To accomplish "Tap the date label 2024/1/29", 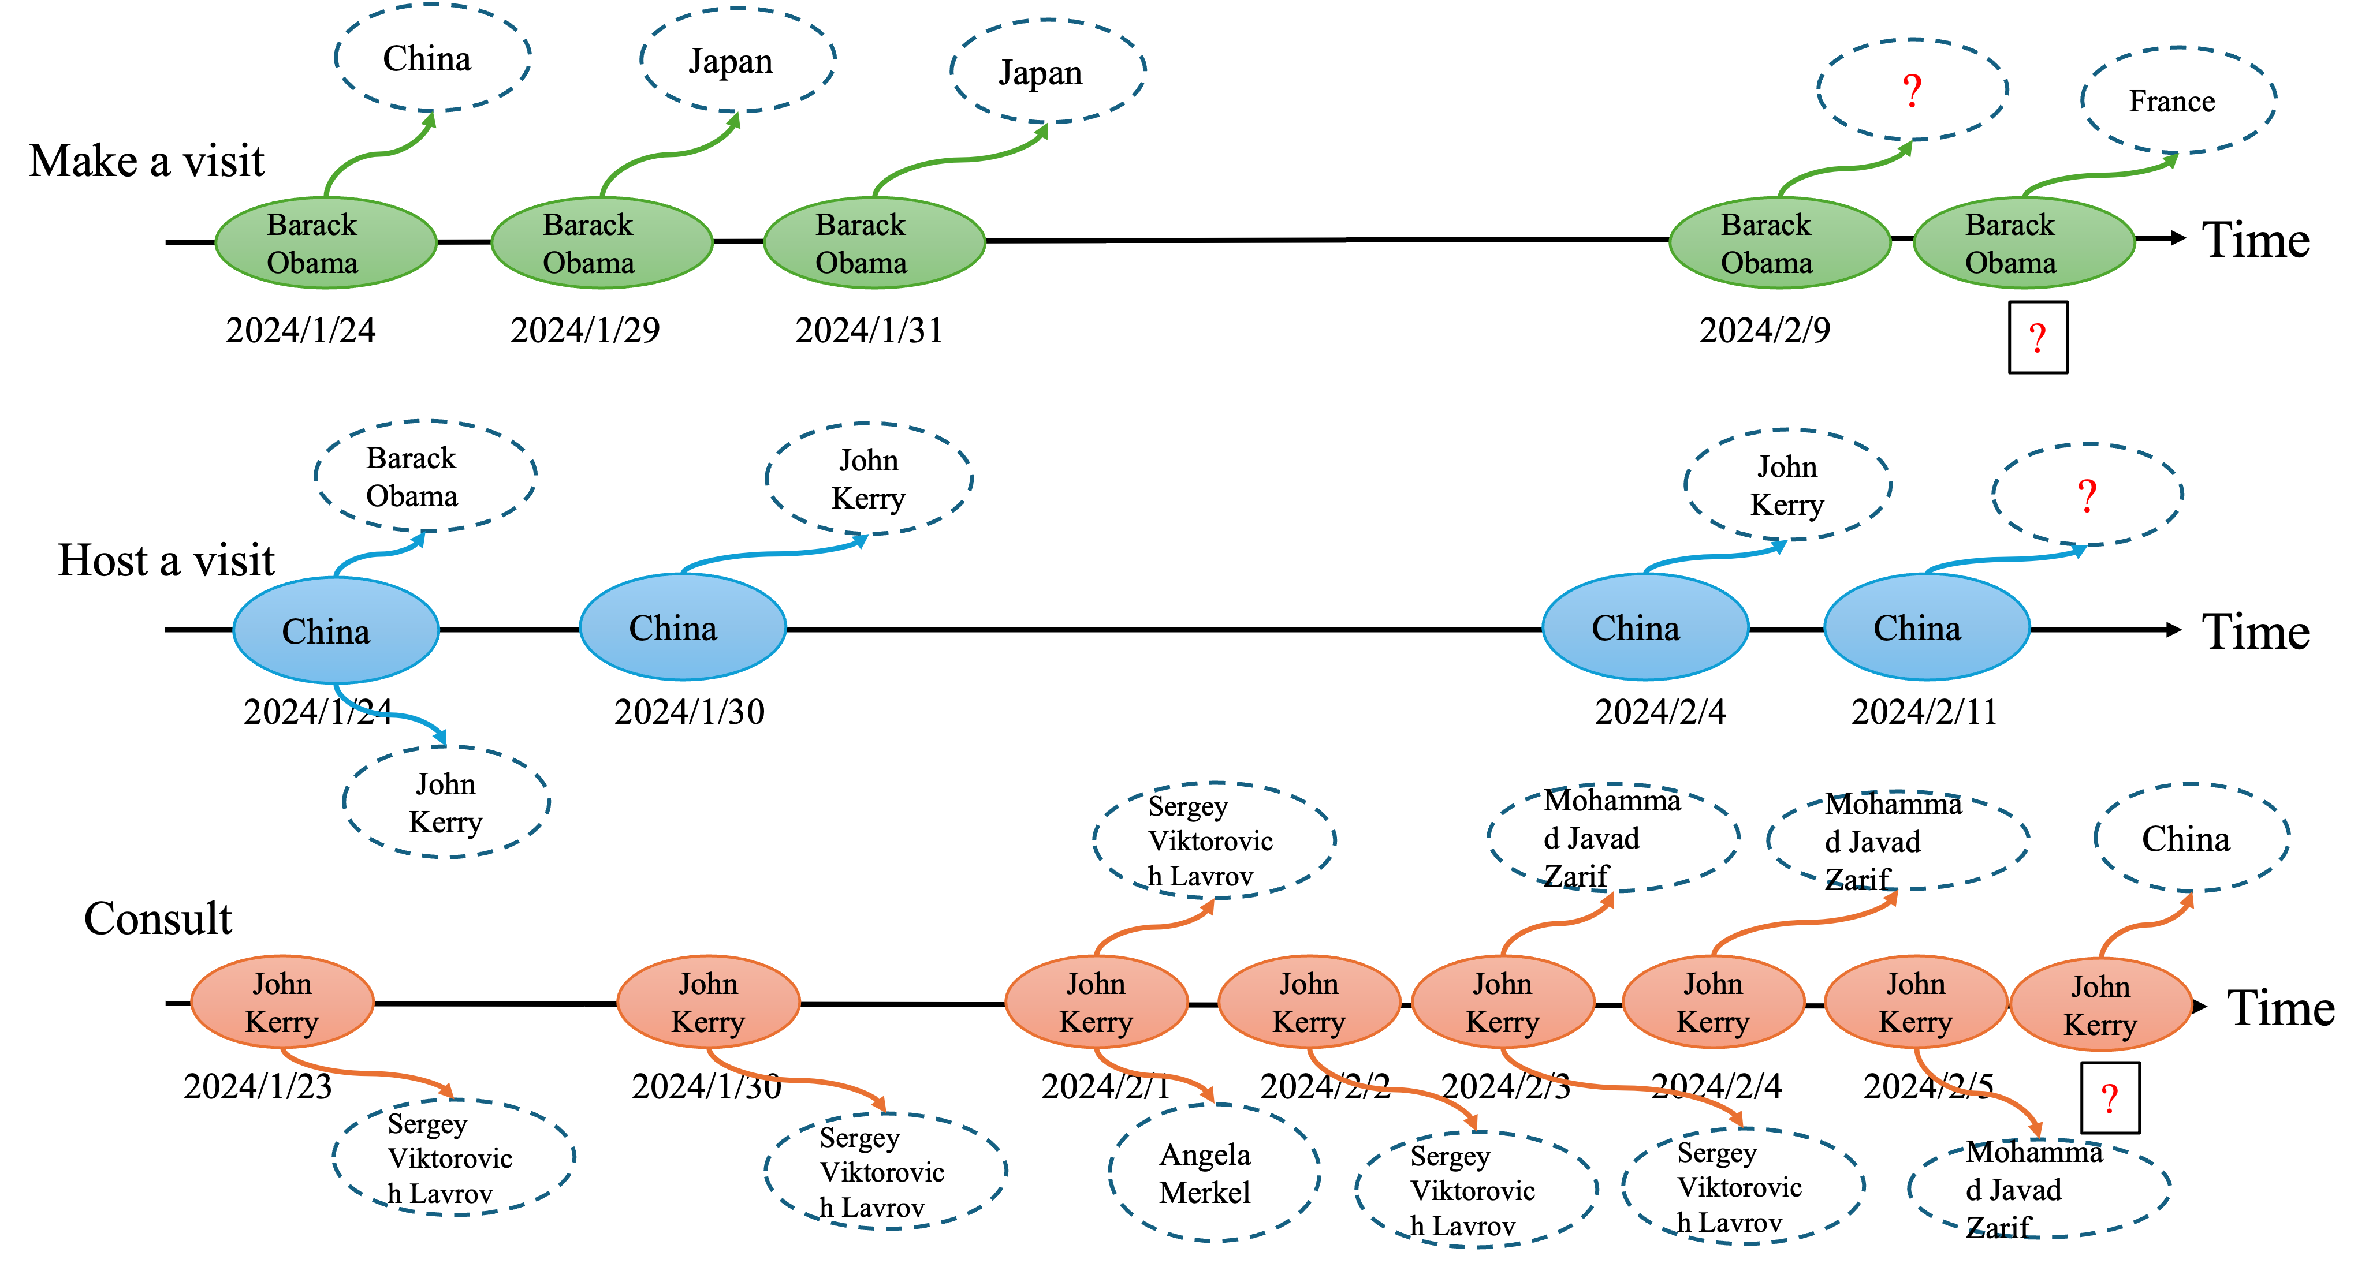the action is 585,330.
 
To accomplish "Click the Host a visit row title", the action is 166,560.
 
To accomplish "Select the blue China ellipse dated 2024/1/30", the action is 683,627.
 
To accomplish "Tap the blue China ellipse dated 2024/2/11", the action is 1927,627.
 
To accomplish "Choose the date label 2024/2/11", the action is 1924,712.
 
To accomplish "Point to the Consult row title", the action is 158,918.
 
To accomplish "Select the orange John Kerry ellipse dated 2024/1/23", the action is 282,1002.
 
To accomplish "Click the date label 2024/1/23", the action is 258,1086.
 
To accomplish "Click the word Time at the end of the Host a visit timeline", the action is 2255,631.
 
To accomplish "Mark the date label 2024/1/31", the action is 869,330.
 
